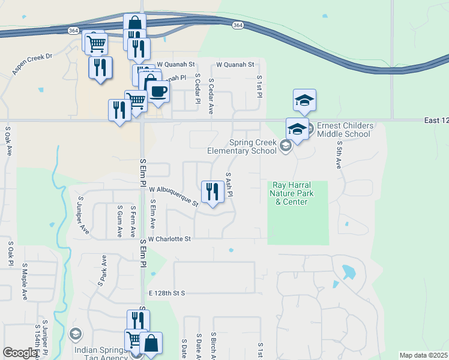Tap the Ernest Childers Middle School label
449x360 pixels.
pyautogui.click(x=345, y=130)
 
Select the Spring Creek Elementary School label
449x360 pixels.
pyautogui.click(x=253, y=146)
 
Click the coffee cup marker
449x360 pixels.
pyautogui.click(x=158, y=91)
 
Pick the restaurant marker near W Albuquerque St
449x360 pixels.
pyautogui.click(x=211, y=192)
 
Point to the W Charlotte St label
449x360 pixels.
pyautogui.click(x=170, y=239)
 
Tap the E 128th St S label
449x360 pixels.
pyautogui.click(x=166, y=293)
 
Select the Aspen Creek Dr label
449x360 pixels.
pyautogui.click(x=32, y=65)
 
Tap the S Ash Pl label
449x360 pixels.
pyautogui.click(x=229, y=185)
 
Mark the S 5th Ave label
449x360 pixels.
pyautogui.click(x=339, y=155)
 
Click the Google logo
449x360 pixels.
pyautogui.click(x=20, y=353)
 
